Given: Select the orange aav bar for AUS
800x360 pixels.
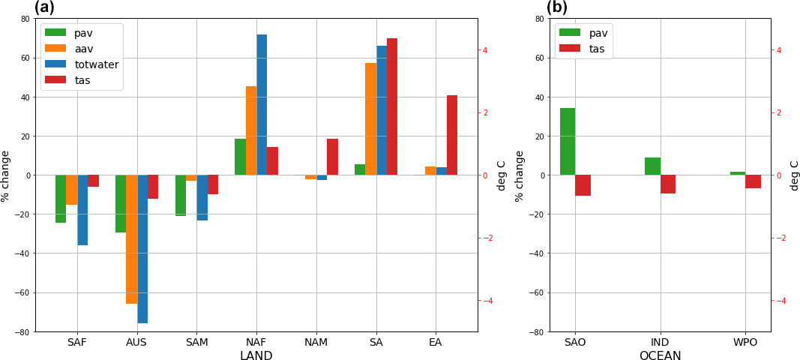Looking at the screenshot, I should pos(131,239).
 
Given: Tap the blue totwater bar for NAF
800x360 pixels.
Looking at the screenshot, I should pos(262,105).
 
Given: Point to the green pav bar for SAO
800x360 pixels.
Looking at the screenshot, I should pos(568,142).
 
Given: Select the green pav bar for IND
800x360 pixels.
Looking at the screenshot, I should pos(652,166).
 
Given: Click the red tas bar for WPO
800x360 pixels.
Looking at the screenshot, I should pos(754,181).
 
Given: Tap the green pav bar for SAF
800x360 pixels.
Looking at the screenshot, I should pos(61,199).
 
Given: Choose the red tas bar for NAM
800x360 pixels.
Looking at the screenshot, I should pos(332,157).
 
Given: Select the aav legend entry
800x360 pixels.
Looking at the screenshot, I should pos(83,49).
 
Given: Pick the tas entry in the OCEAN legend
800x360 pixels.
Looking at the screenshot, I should pos(597,49).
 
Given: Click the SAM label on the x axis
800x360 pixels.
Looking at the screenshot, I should pos(196,342).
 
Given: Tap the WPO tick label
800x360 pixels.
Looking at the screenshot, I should pos(745,342).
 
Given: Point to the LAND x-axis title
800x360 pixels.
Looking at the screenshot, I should pos(256,355).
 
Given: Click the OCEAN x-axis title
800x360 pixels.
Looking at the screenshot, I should pos(660,355).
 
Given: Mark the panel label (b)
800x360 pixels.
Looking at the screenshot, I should pos(556,7).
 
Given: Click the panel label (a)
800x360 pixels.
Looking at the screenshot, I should pos(44,7).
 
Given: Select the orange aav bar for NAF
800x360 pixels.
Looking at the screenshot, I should pos(251,130).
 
